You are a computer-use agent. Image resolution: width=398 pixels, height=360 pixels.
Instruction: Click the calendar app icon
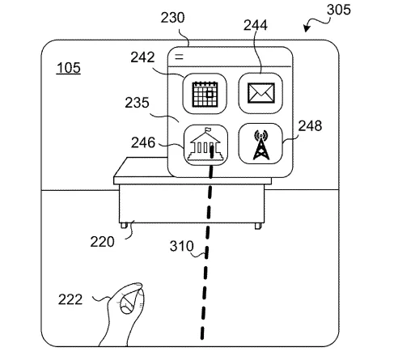tap(205, 94)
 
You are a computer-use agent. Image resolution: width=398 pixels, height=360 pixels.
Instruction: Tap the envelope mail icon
tap(260, 93)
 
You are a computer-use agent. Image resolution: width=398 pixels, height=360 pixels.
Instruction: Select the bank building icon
tap(205, 145)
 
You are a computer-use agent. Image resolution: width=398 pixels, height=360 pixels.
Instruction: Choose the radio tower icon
tap(260, 143)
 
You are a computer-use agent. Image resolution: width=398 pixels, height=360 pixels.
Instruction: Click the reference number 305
tap(339, 10)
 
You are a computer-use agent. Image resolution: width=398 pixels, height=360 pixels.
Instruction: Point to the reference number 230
tap(172, 18)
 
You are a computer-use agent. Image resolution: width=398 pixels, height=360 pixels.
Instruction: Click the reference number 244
tap(256, 25)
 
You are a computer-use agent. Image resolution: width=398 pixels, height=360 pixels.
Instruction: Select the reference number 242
tap(142, 57)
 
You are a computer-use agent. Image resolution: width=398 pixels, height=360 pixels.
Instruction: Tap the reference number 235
tap(137, 103)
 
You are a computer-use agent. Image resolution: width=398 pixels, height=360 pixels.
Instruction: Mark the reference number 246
tap(143, 142)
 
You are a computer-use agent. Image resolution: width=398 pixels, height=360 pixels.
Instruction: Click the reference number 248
tap(310, 126)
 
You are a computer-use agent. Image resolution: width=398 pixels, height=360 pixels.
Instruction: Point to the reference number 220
tap(102, 242)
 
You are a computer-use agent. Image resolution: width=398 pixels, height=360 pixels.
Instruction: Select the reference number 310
tap(181, 246)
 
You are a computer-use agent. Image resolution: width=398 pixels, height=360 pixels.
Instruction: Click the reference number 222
tap(70, 299)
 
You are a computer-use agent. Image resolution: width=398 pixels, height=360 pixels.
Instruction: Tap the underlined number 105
tap(69, 68)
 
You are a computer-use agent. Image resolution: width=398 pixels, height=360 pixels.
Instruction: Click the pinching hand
tap(124, 313)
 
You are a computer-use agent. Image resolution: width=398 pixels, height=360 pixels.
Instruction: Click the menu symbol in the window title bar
tap(179, 57)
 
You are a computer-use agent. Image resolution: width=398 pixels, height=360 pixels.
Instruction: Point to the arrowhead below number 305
tap(307, 28)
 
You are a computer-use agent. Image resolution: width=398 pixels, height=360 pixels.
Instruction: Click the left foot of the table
tap(124, 226)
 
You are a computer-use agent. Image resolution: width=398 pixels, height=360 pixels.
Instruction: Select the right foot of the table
tap(258, 226)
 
